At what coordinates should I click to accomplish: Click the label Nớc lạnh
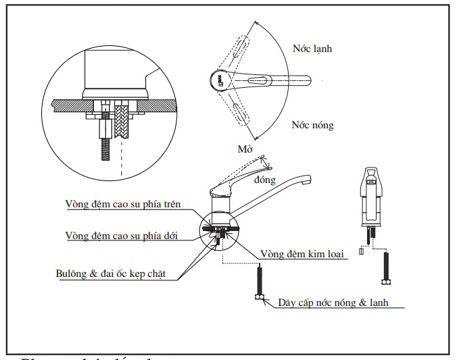(312, 49)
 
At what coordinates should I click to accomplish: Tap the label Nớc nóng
(312, 125)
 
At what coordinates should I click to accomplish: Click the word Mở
(246, 149)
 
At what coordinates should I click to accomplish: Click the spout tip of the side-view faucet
(310, 181)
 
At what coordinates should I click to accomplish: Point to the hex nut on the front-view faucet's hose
(387, 280)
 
